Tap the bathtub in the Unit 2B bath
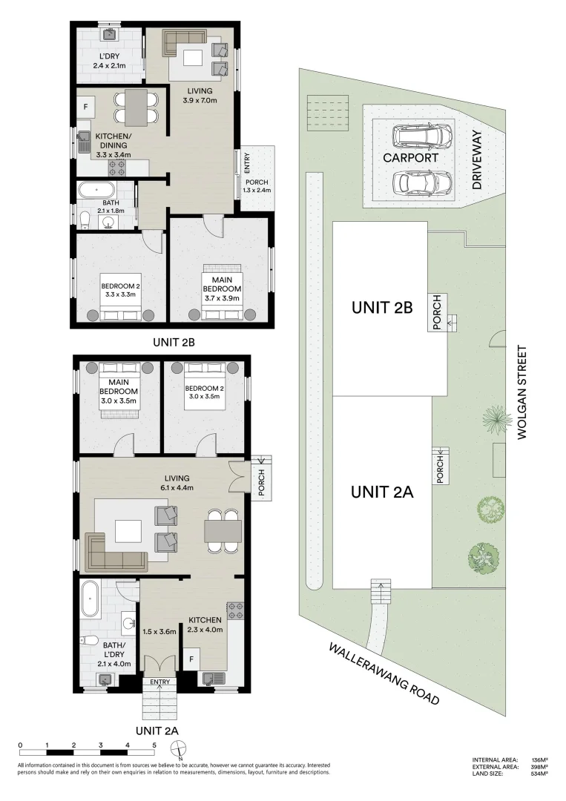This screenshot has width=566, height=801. (96, 191)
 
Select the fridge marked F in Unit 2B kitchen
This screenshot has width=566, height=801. (85, 107)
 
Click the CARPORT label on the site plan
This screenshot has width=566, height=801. (410, 158)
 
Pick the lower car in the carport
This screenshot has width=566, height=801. (421, 181)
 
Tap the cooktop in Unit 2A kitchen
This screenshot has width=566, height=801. (235, 611)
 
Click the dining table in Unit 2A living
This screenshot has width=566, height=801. (223, 531)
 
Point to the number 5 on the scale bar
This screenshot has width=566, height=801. (154, 744)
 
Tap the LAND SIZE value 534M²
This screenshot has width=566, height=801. (539, 774)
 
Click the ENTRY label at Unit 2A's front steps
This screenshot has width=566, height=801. (159, 682)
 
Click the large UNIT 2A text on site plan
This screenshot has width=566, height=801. (381, 491)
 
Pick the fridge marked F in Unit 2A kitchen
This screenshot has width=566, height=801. (192, 657)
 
